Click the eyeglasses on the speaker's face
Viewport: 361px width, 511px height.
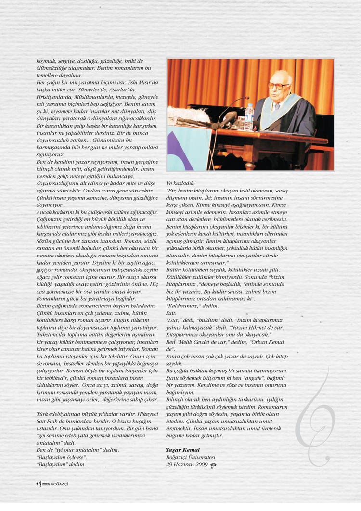(279, 86)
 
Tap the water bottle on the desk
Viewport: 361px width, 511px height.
(249, 116)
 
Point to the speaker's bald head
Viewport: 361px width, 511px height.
(281, 77)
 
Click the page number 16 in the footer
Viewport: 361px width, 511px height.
(38, 484)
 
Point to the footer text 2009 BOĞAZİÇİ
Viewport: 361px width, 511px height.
(55, 484)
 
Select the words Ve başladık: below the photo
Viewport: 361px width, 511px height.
(180, 183)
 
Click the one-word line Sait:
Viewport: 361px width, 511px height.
(171, 312)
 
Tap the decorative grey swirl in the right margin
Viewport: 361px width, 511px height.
(315, 419)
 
